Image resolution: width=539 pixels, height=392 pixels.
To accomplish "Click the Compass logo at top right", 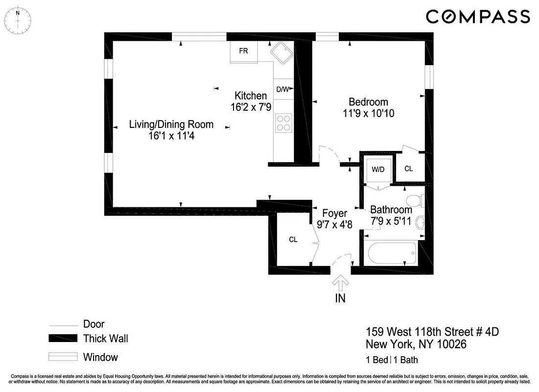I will pos(477,17).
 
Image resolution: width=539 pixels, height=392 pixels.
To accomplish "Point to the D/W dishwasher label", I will pos(283,89).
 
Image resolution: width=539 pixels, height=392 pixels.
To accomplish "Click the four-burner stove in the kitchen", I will pos(283,122).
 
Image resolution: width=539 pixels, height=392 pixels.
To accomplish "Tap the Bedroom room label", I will pos(368,102).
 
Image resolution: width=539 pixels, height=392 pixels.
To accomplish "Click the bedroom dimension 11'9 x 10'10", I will pos(369,114).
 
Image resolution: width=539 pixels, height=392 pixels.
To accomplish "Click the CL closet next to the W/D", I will pos(408,169).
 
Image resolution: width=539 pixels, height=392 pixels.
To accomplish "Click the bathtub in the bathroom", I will pos(392,253).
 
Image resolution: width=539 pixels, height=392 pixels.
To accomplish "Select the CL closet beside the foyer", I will pos(293,240).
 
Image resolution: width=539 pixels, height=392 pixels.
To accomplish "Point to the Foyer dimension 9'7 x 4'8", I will pos(335,225).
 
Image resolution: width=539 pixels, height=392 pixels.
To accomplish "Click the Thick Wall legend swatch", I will pos(63,339).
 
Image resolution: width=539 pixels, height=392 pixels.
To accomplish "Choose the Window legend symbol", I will pos(63,357).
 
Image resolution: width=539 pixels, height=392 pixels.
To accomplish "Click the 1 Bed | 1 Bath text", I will pos(392,360).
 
